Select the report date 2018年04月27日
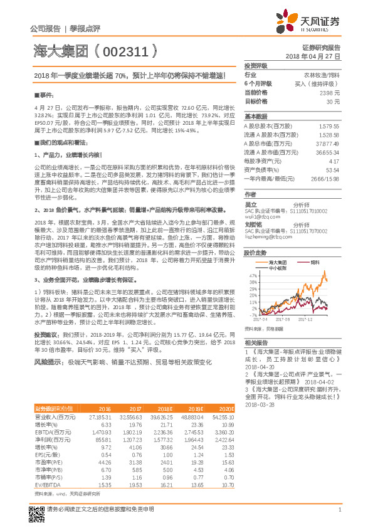(313, 56)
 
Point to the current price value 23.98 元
(330, 92)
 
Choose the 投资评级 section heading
(256, 66)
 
